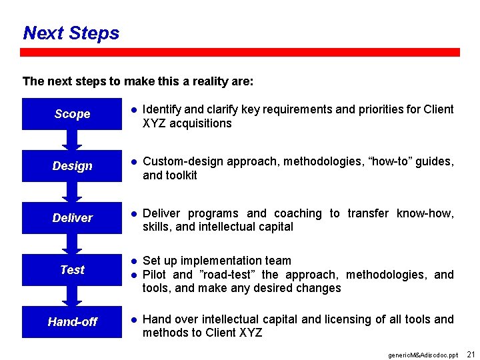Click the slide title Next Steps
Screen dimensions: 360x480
(x=71, y=33)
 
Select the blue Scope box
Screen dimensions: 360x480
(x=72, y=114)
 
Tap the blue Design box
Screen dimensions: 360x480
(x=72, y=166)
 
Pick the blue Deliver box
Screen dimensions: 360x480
(x=72, y=218)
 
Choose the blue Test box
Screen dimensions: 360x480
(x=72, y=270)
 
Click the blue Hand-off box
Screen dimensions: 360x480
(x=72, y=322)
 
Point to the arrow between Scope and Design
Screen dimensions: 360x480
(x=72, y=140)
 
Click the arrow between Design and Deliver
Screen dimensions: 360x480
(x=72, y=192)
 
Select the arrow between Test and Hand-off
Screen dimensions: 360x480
(x=72, y=297)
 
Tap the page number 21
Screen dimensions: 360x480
(x=471, y=354)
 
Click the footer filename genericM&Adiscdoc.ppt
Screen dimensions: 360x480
(x=423, y=355)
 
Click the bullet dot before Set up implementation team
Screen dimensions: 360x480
(x=133, y=261)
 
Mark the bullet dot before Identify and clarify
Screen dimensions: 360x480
(x=133, y=109)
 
